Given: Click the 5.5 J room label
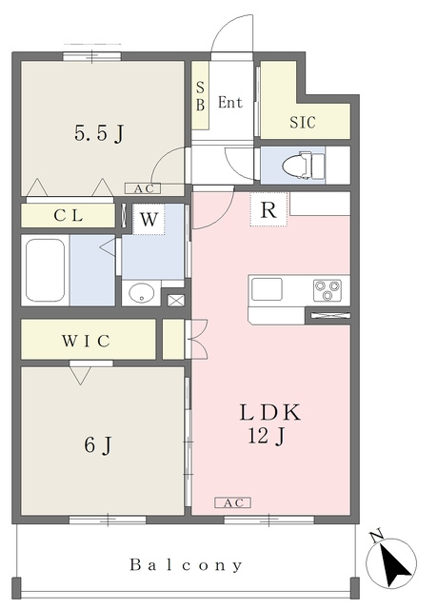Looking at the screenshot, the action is [x=99, y=134].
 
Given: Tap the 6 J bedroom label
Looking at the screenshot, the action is [x=98, y=444].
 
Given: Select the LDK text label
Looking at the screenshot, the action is [x=270, y=412].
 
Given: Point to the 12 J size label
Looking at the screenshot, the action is [x=267, y=436].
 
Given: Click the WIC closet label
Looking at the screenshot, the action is [x=87, y=341].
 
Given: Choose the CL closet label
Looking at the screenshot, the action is [x=69, y=216].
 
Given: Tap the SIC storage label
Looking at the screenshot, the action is [x=303, y=123].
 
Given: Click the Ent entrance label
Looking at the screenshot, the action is [x=230, y=102].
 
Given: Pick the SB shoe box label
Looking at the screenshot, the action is [x=200, y=95].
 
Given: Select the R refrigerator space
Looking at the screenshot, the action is [x=268, y=209].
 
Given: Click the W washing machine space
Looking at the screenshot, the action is [x=149, y=220].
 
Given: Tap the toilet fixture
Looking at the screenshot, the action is [x=303, y=166].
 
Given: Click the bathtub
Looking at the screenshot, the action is [x=46, y=270].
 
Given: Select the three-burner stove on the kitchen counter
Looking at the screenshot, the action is [x=328, y=290].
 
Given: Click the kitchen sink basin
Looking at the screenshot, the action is [x=267, y=289].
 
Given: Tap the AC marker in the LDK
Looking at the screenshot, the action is [x=233, y=502].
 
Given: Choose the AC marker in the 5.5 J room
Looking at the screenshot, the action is [x=143, y=188].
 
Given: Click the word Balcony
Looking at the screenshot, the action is [x=186, y=564].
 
